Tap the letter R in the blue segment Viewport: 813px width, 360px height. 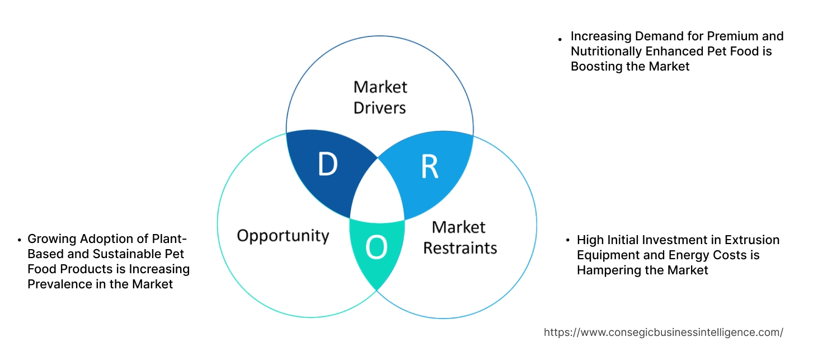point(429,167)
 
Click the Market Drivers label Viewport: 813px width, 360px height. point(380,97)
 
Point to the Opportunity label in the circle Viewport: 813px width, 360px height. point(283,235)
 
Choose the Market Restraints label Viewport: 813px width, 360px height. point(459,237)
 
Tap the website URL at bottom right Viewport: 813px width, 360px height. point(663,332)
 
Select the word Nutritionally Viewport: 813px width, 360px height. point(607,52)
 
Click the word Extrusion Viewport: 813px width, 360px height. point(752,240)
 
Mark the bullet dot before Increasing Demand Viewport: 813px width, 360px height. point(560,40)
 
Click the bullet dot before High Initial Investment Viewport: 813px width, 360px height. point(567,241)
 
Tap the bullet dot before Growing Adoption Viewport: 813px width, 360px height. point(20,240)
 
